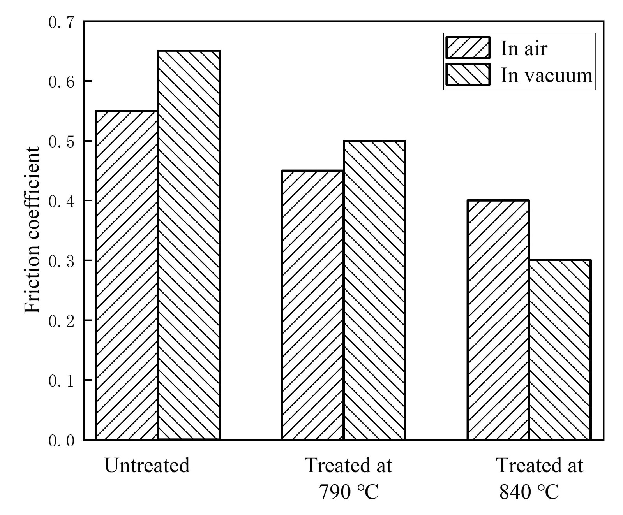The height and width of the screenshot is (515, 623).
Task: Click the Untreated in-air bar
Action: (127, 275)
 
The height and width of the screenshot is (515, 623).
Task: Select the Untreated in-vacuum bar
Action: (189, 245)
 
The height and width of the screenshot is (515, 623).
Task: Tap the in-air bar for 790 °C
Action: (312, 305)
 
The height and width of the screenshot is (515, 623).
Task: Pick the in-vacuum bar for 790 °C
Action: (374, 290)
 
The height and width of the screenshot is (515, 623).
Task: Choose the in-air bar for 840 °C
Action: (498, 320)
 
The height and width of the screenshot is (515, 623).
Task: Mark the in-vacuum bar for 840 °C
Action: (560, 350)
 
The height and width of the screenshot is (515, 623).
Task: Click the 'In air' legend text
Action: (524, 49)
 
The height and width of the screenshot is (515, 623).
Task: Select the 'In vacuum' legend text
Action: (546, 75)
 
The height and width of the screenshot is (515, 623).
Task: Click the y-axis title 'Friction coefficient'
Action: (33, 230)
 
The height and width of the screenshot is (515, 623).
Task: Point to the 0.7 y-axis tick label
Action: (61, 22)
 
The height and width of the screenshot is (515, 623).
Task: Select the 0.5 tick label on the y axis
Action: (61, 141)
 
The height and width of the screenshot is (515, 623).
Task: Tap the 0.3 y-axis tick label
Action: (61, 261)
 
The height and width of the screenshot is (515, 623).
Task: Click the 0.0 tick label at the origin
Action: (61, 441)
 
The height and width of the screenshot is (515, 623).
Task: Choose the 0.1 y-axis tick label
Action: (61, 380)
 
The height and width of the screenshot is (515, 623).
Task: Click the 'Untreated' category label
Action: (147, 466)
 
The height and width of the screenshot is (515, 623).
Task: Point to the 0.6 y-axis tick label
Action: (61, 81)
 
